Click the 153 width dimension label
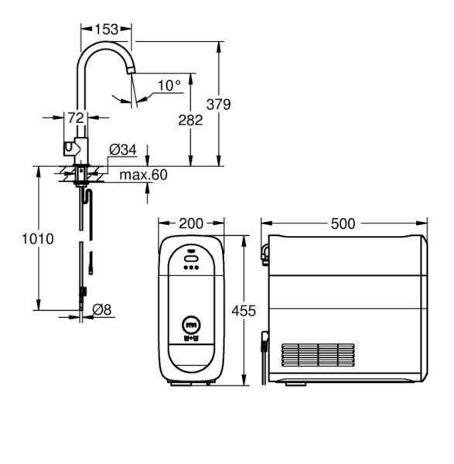click(107, 29)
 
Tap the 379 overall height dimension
click(218, 104)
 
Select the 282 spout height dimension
click(190, 120)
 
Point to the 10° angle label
click(169, 86)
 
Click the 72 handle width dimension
click(76, 118)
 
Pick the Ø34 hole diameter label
click(123, 150)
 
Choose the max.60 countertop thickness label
click(143, 175)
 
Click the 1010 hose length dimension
click(38, 239)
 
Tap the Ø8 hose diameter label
click(102, 310)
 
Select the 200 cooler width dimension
click(191, 223)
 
